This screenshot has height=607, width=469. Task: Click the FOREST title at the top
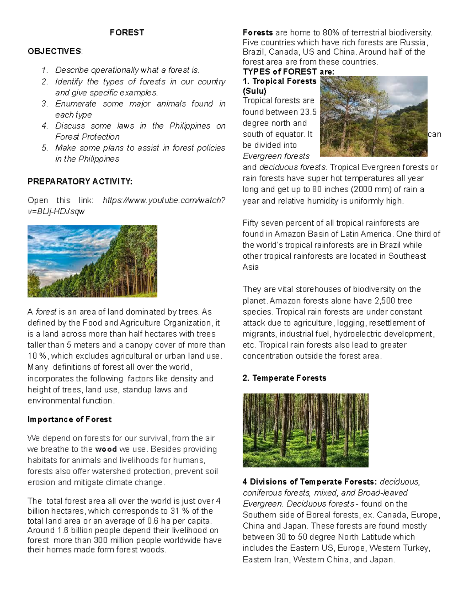127,32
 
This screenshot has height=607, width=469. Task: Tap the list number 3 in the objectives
45,104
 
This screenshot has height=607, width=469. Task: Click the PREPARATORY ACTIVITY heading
80,181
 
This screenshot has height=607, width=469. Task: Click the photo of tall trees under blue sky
92,261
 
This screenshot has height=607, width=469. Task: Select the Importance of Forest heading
69,419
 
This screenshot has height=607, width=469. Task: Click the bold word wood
106,449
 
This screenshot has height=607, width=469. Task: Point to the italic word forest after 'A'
46,312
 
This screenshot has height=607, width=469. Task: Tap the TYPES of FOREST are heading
288,72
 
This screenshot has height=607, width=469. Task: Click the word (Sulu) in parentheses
254,91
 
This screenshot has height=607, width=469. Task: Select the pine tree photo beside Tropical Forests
373,116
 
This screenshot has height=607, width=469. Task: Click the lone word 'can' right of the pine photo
434,134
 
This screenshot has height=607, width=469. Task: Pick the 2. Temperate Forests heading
284,378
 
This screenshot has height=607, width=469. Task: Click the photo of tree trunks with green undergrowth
305,430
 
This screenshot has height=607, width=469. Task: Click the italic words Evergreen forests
276,156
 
